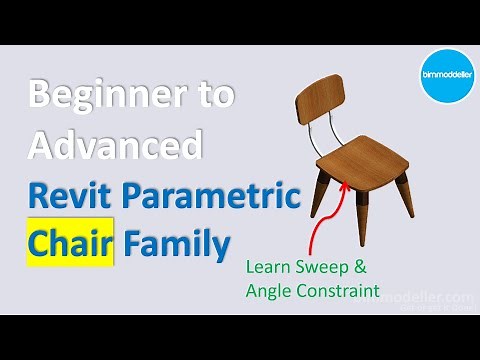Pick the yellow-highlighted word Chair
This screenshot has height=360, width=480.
(68, 241)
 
